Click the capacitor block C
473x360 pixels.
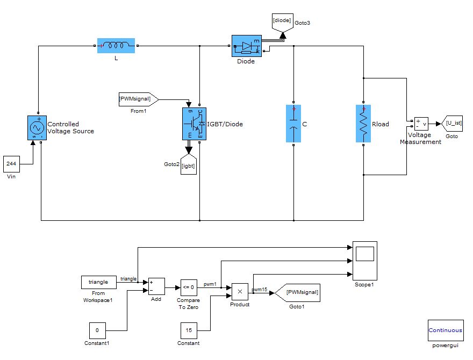tap(294, 124)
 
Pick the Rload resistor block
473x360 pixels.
tap(364, 124)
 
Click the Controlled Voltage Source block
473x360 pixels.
tap(38, 128)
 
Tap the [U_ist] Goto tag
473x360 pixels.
tap(453, 124)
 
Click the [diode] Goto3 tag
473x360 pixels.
tap(283, 22)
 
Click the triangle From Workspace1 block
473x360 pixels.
tap(98, 282)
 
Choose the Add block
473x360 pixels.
tap(156, 286)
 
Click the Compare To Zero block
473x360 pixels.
tap(189, 286)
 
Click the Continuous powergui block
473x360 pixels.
tap(445, 330)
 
